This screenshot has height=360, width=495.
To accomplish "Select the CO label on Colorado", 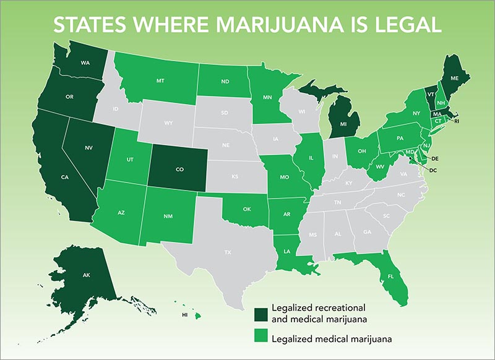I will click(x=179, y=168).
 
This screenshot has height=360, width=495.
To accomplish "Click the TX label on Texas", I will click(x=227, y=252).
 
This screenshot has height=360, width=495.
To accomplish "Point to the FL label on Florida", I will click(x=391, y=276).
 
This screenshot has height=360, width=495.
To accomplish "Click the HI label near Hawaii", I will click(x=184, y=315).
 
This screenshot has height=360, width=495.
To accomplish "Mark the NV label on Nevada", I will click(x=88, y=148).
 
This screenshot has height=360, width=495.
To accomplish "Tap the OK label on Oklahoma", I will click(x=247, y=209).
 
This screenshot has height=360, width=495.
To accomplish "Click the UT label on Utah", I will click(x=130, y=160).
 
